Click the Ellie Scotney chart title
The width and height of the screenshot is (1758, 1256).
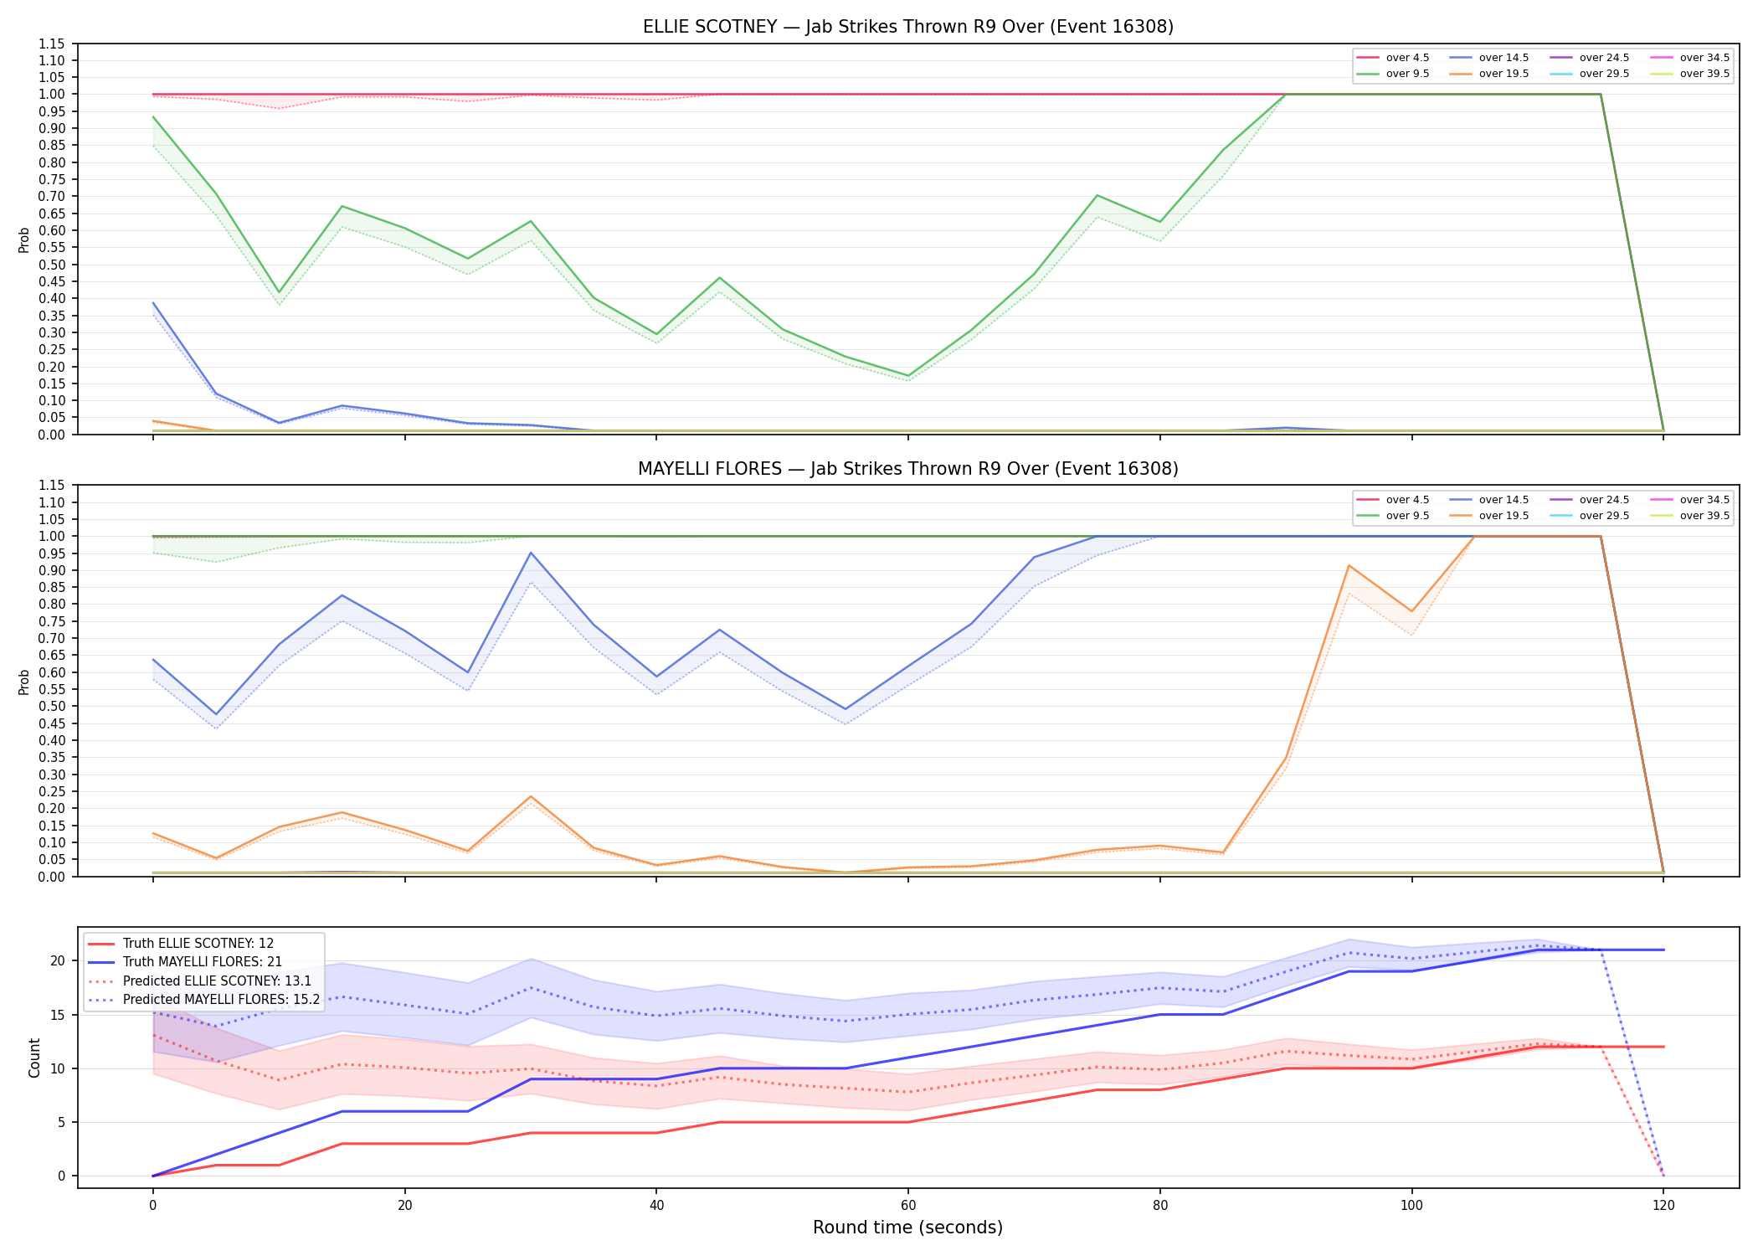coord(907,27)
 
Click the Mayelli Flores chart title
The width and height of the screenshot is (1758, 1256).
coord(907,469)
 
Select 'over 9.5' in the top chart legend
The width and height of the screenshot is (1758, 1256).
coord(1407,74)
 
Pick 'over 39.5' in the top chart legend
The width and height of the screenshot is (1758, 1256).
coord(1704,74)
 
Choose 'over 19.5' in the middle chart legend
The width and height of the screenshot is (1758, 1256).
coord(1504,516)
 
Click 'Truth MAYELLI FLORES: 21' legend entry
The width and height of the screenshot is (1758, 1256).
coord(203,962)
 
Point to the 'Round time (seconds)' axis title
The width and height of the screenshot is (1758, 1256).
coord(907,1228)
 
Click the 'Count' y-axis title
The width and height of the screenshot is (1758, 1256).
coord(34,1058)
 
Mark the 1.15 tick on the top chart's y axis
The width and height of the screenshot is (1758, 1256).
coord(51,44)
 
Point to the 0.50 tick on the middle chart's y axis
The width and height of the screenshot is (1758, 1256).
coord(51,706)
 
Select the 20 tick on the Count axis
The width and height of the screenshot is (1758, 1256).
coord(58,960)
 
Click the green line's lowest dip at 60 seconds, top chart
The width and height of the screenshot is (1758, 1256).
coord(908,376)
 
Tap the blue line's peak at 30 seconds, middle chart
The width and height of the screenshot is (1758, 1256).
coord(530,553)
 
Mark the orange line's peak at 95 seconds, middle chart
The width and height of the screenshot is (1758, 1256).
coord(1349,565)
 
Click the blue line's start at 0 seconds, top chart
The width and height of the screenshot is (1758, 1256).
coord(153,303)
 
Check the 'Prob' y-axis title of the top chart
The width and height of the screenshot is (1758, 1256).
coord(24,240)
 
